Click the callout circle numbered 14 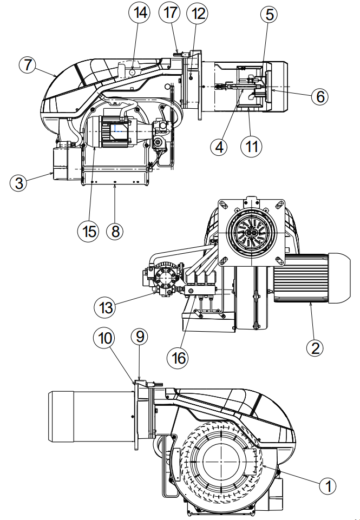[139, 13]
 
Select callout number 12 [198, 14]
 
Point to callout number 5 [269, 15]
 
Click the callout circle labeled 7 [28, 65]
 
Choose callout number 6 [320, 96]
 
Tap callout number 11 [251, 146]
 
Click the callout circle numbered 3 [18, 183]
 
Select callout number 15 [89, 231]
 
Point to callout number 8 [115, 231]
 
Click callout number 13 [106, 308]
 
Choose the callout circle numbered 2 [315, 348]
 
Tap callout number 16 [179, 358]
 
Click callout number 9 [140, 337]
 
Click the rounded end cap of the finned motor [339, 278]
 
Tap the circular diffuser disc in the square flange [252, 233]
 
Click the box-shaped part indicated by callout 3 [67, 163]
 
